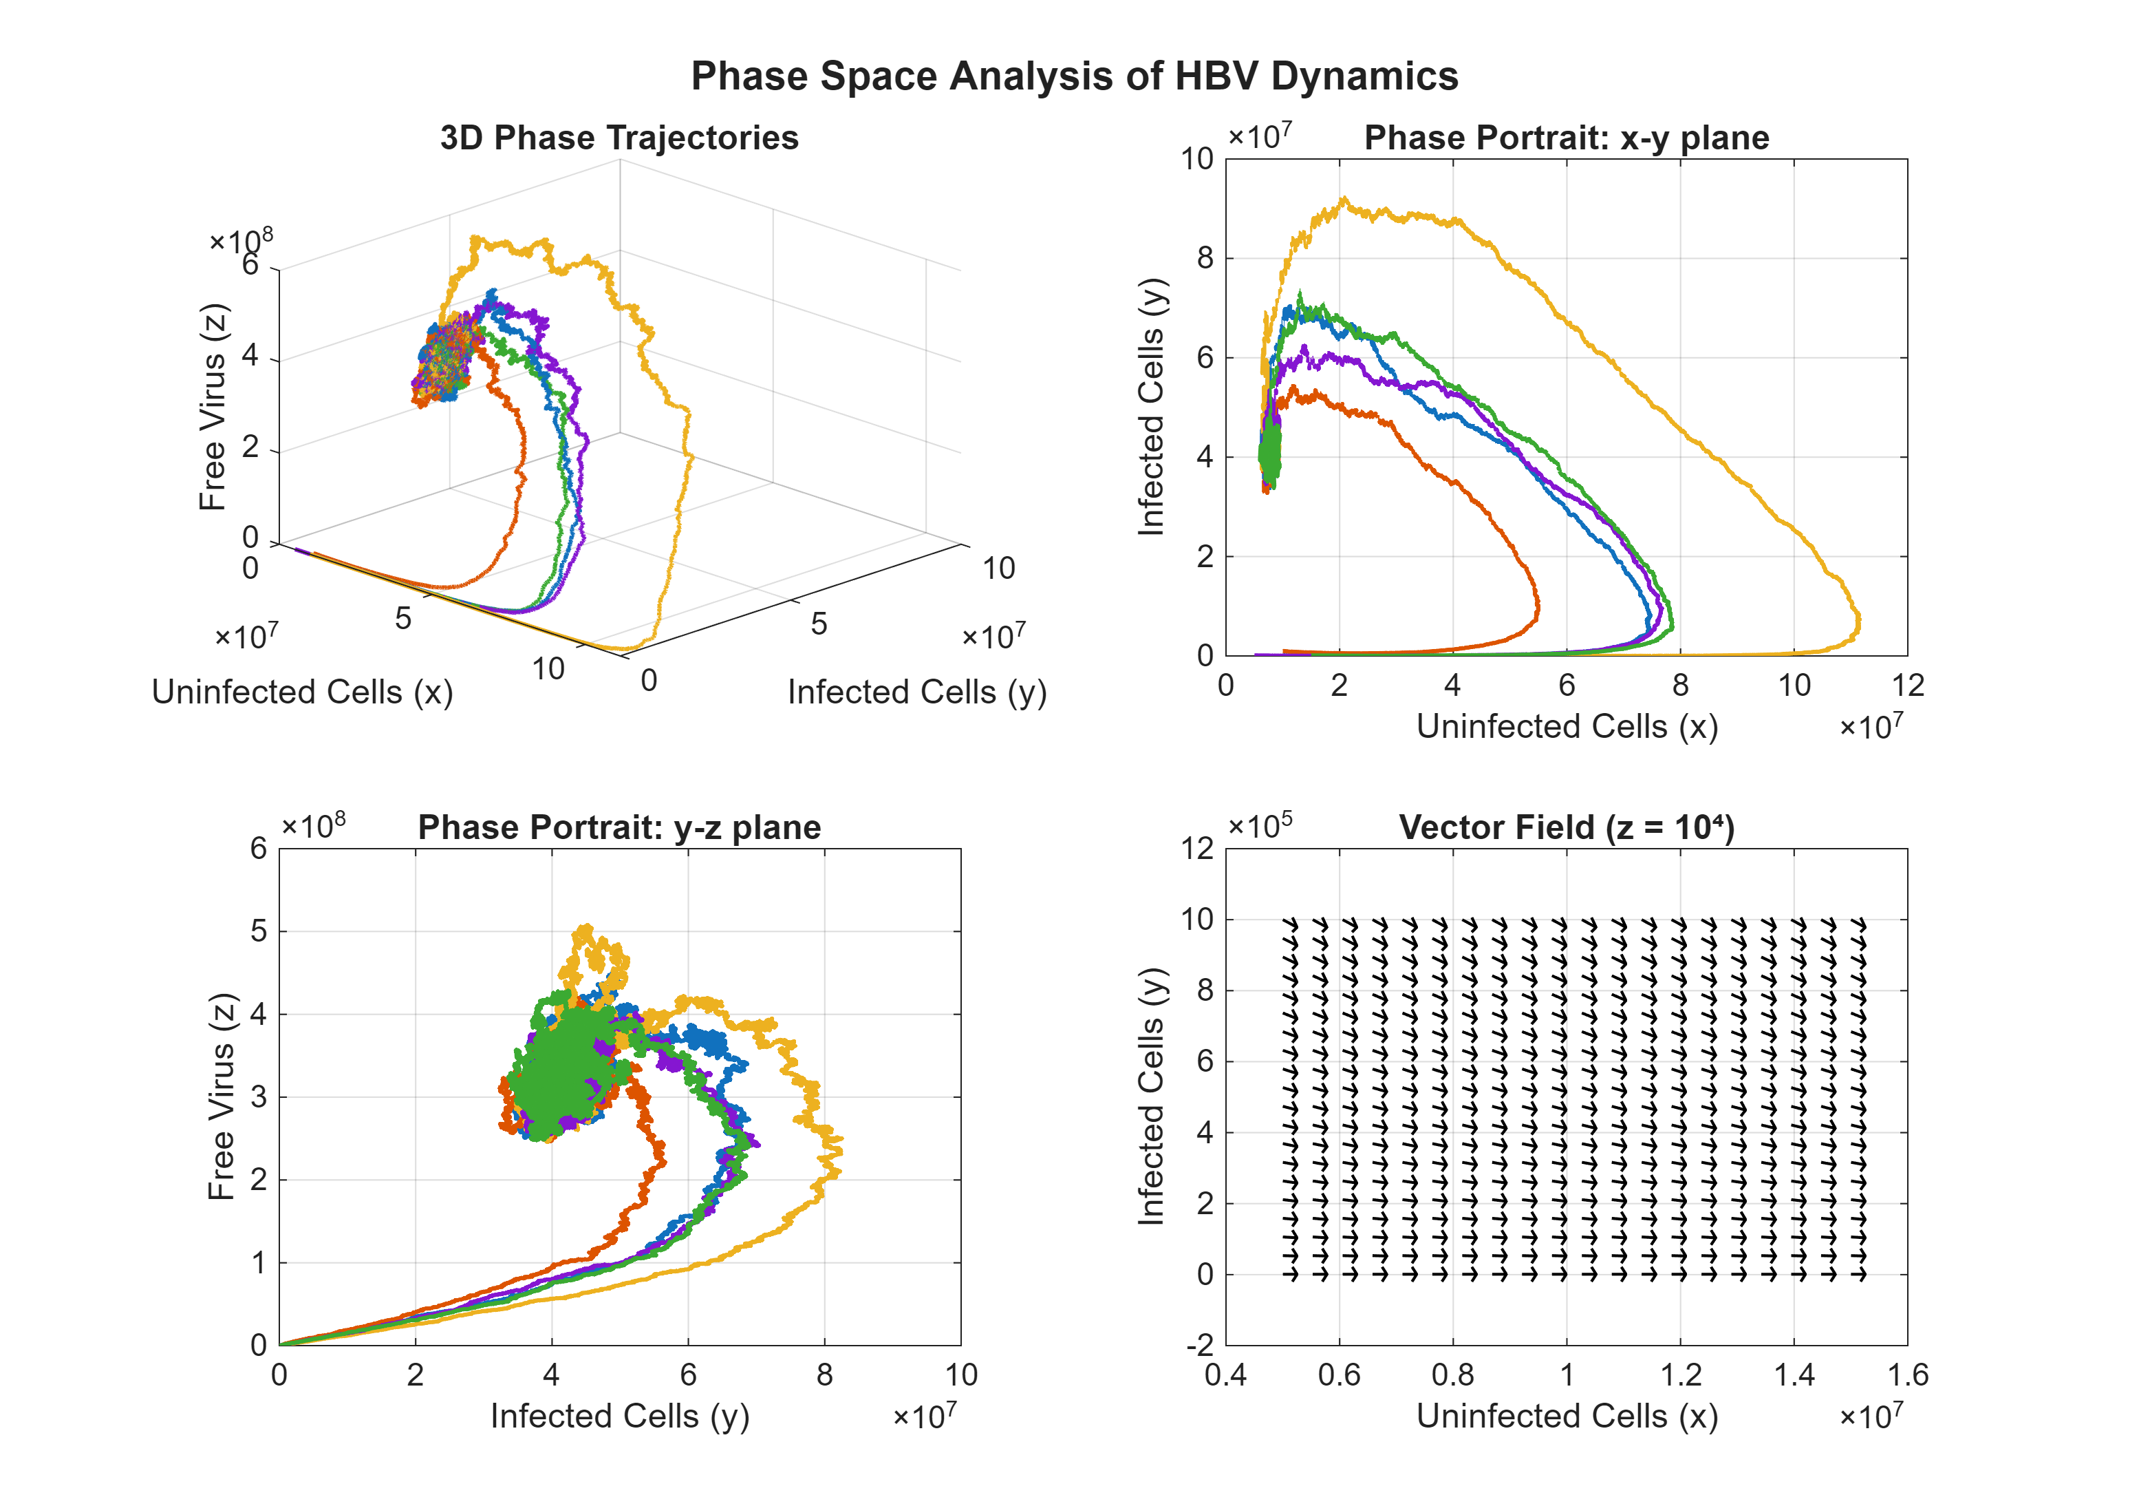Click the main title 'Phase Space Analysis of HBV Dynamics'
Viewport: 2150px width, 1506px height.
pos(1074,76)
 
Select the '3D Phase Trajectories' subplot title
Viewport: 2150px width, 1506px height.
pos(619,138)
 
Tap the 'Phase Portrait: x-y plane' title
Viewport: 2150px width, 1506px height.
pos(1566,138)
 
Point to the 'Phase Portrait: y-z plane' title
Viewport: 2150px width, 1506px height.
pos(619,827)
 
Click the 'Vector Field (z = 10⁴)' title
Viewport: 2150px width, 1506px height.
pos(1566,827)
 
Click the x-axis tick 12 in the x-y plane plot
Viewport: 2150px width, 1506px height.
pos(1906,686)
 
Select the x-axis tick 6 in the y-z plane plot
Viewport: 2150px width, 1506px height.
pos(688,1375)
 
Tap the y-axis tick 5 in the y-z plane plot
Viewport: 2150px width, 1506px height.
pos(259,931)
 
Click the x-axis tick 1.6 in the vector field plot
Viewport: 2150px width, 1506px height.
pos(1906,1375)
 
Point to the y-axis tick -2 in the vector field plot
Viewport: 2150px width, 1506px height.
pos(1200,1346)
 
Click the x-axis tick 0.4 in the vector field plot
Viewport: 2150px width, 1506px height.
pos(1226,1375)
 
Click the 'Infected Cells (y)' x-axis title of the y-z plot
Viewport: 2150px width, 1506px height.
pos(619,1416)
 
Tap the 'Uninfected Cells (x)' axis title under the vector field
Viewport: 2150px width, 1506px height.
pos(1566,1416)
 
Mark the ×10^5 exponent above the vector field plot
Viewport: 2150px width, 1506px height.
pos(1260,824)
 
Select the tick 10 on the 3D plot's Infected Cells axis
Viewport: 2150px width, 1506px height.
pos(998,568)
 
